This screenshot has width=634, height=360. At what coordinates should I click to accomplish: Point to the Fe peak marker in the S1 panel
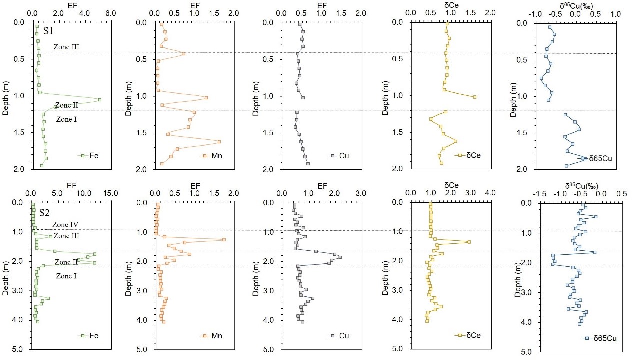[x=100, y=100]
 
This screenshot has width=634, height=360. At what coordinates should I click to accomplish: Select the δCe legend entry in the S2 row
[x=469, y=336]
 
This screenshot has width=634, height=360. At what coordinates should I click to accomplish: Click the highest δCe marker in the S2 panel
[x=469, y=242]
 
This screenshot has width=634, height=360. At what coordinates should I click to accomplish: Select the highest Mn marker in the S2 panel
[x=224, y=240]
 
